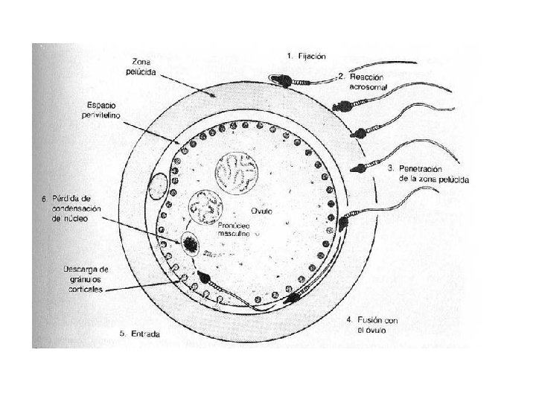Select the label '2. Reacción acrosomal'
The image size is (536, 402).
363,82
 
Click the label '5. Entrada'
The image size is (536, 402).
139,334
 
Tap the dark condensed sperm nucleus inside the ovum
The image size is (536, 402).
189,243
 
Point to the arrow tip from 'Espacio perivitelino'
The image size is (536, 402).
179,143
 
